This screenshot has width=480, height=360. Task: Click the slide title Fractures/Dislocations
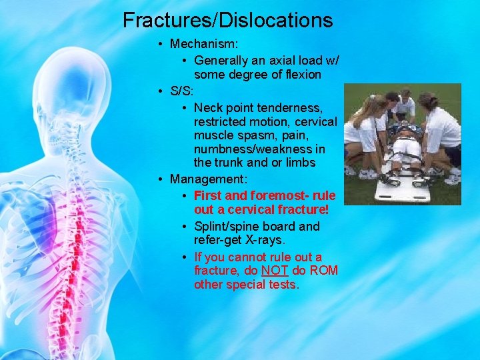pos(227,20)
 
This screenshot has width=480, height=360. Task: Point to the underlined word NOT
pos(275,271)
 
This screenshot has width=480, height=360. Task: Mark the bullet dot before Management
pos(161,179)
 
